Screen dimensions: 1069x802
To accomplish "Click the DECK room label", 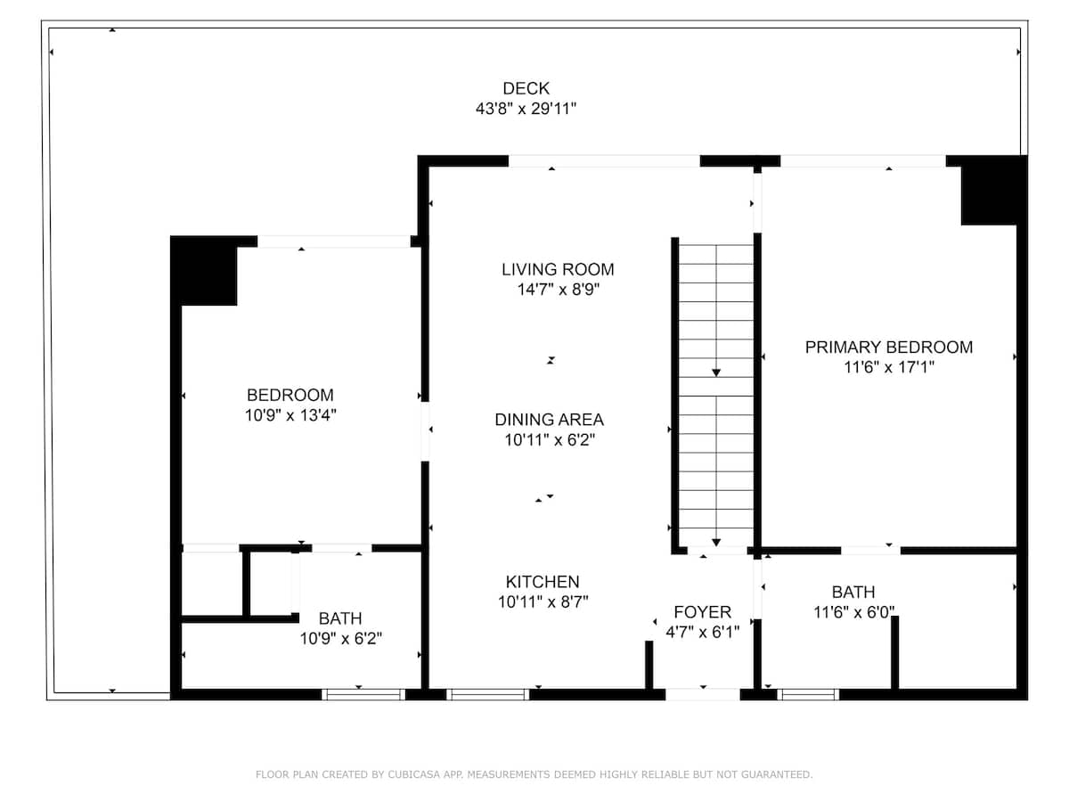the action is click(x=526, y=88).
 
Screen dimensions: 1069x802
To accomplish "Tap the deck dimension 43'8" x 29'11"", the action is click(x=526, y=108).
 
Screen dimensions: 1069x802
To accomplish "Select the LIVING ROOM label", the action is click(x=558, y=269).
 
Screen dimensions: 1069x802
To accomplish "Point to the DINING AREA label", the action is click(x=549, y=419).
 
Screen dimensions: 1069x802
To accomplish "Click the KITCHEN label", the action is click(x=543, y=581).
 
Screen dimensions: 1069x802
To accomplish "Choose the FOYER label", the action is click(x=702, y=611).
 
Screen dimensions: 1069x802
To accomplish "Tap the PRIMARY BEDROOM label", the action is click(x=889, y=348).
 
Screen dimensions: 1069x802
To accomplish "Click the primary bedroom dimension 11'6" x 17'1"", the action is click(x=889, y=367).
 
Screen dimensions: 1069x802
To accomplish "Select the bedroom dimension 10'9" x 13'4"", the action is click(x=290, y=415).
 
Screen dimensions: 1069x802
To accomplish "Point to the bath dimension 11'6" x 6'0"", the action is click(x=853, y=612).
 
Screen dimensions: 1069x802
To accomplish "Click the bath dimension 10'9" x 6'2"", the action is click(x=340, y=638).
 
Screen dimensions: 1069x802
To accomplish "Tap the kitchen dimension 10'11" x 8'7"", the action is click(x=543, y=601).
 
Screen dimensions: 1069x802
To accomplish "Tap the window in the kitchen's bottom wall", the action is click(x=487, y=694).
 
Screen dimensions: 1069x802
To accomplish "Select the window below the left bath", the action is click(x=363, y=694).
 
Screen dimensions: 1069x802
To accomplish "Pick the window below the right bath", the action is click(x=807, y=694).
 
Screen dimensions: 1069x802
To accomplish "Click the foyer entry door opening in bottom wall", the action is click(x=702, y=694).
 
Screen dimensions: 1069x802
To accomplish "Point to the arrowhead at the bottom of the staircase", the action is click(x=716, y=543).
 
